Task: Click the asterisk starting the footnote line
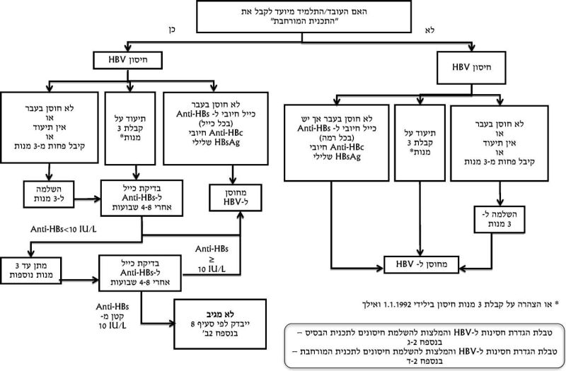coord(556,305)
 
